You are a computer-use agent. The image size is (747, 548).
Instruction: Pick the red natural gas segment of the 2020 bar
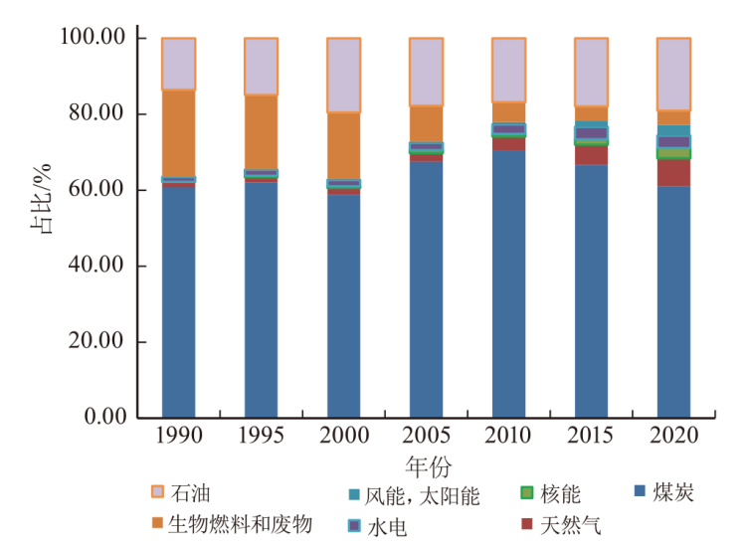[x=673, y=172]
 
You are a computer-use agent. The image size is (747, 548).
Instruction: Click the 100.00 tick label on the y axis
[x=92, y=38]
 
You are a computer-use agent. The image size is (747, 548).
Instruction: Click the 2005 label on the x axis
[x=427, y=436]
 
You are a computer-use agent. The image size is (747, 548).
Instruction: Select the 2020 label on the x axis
[x=673, y=436]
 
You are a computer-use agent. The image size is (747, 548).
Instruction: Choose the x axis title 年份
[x=427, y=465]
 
